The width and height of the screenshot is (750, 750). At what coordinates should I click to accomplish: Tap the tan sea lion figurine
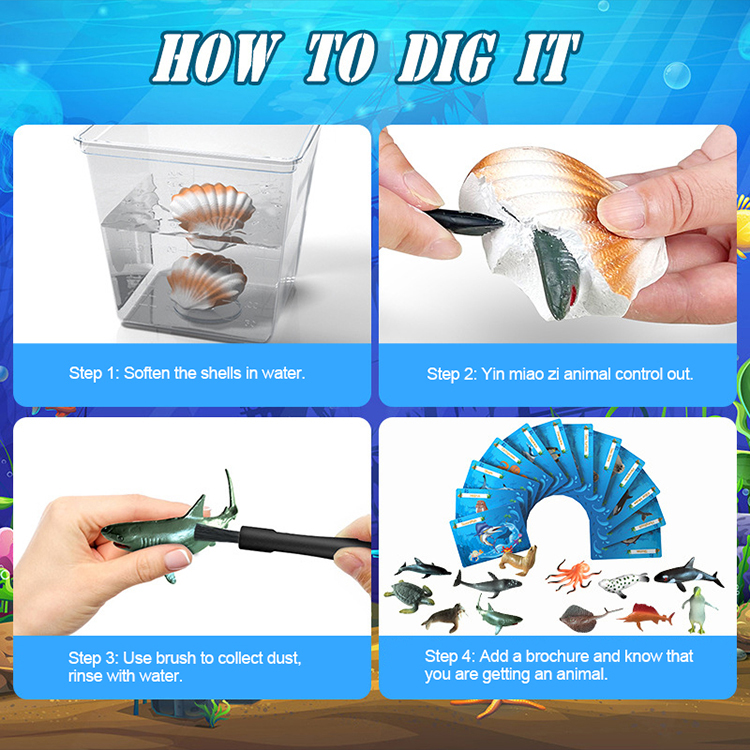point(521,562)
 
